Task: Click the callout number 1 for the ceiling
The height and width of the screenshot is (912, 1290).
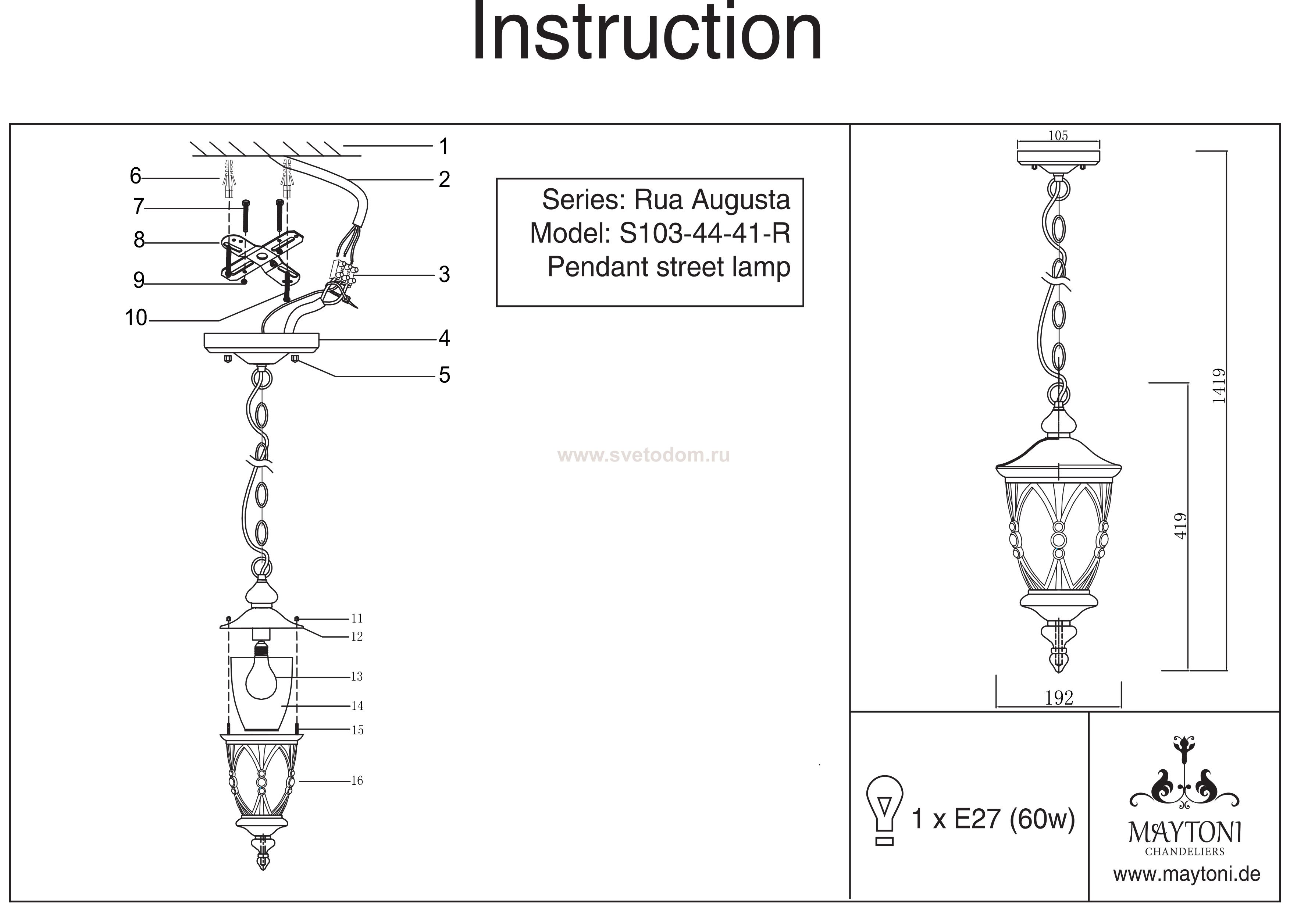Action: click(444, 147)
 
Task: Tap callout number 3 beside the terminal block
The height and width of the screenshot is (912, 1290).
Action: click(444, 275)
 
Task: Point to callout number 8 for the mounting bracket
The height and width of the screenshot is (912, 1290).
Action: click(139, 241)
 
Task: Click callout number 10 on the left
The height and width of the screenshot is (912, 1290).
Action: click(136, 318)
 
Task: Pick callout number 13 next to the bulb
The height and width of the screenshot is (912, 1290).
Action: click(357, 677)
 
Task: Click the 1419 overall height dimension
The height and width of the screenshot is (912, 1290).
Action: click(1218, 386)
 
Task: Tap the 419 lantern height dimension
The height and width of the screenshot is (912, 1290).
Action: click(1180, 527)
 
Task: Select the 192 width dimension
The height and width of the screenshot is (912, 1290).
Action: click(1059, 698)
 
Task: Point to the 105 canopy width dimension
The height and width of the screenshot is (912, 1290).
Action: click(1058, 135)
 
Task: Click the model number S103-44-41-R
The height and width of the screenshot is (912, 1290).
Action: click(705, 233)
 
